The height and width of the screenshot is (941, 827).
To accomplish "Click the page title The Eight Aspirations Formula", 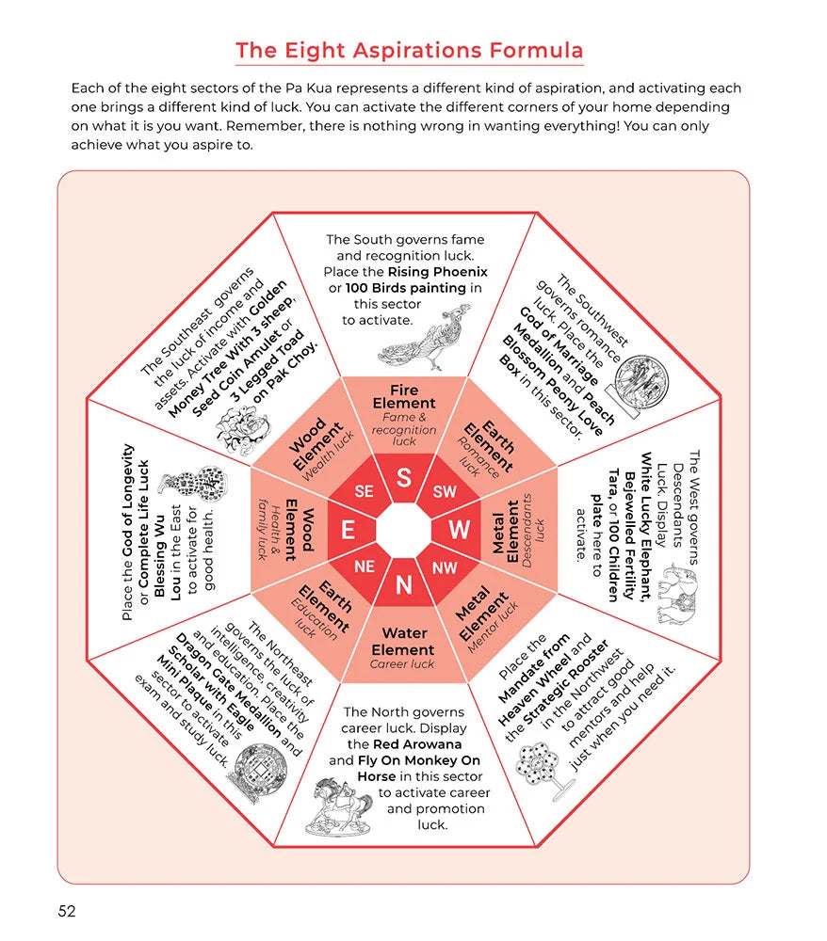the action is [x=409, y=51].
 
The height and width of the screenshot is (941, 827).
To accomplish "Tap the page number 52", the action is [x=67, y=911].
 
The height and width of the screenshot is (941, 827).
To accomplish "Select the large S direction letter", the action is [x=404, y=478].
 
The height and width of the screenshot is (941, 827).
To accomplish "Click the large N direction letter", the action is [x=404, y=584].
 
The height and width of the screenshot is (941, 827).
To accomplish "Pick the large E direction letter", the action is [x=348, y=531].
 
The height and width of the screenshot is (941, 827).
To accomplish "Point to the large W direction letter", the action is [x=460, y=530].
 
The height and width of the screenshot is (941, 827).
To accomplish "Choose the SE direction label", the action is [x=364, y=491].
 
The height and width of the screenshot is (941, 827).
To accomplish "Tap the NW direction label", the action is [x=445, y=567].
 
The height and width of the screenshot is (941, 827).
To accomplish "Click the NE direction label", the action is [x=365, y=566].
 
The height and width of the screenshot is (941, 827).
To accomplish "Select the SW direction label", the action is [x=445, y=491].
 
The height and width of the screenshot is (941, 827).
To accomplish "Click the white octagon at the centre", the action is [x=403, y=531].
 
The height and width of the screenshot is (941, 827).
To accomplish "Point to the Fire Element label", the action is [x=404, y=397].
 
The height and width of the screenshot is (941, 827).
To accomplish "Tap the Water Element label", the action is [x=403, y=642].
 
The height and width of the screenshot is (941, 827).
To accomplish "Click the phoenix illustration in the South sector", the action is [x=424, y=339].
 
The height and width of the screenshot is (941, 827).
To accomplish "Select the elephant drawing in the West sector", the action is [x=677, y=594].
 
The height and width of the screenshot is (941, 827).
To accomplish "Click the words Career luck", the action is [x=402, y=664].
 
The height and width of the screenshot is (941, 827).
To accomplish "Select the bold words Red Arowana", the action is [x=417, y=744].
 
